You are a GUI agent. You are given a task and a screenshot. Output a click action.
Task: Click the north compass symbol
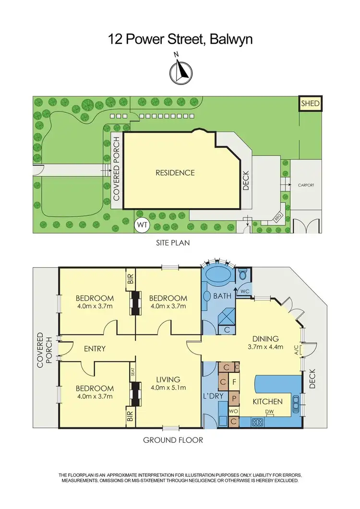(180, 71)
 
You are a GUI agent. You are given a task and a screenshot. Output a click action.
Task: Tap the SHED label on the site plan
(310, 103)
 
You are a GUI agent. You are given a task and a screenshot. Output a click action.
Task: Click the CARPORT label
(305, 184)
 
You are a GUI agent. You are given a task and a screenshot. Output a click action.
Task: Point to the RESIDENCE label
(175, 173)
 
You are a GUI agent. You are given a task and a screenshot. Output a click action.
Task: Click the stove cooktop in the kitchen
(256, 423)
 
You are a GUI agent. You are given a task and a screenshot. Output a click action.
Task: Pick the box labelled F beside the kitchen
(234, 383)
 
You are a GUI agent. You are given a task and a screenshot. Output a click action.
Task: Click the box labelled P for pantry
(234, 398)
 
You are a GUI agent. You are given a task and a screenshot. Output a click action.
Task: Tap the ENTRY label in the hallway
(94, 348)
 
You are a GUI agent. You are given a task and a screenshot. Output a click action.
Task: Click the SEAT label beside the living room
(132, 371)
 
